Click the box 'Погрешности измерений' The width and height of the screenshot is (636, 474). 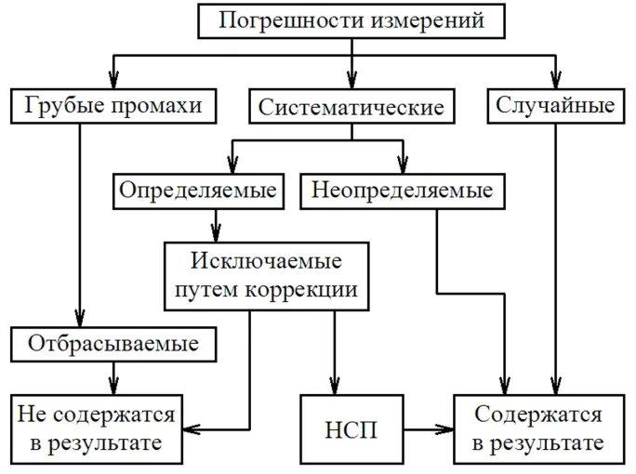[351, 20]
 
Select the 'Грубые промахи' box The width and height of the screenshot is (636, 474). [115, 105]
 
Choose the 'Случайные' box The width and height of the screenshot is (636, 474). [554, 105]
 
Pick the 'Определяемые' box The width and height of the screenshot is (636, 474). [197, 191]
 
